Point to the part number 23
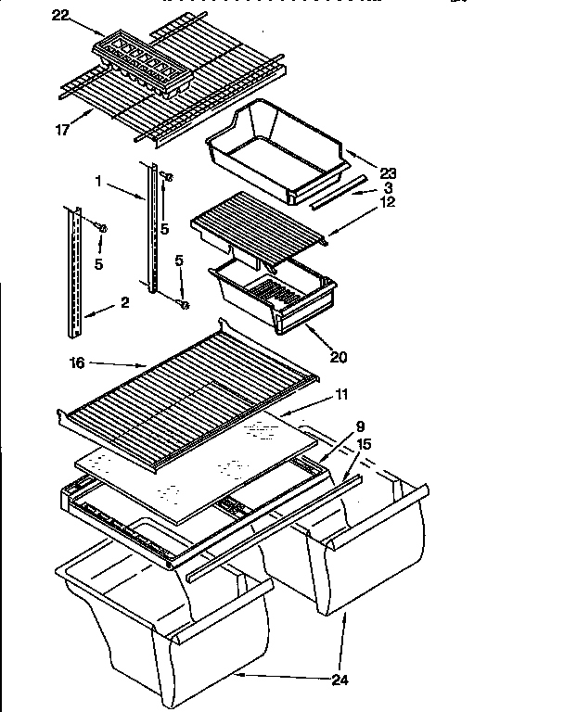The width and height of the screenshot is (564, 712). tap(388, 172)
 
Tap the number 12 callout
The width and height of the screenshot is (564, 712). tap(387, 201)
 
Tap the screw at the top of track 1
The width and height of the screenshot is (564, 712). tap(167, 176)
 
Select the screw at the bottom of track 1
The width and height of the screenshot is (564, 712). tap(184, 303)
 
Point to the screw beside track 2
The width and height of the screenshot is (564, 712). tap(103, 227)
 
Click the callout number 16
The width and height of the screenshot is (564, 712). tap(76, 363)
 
